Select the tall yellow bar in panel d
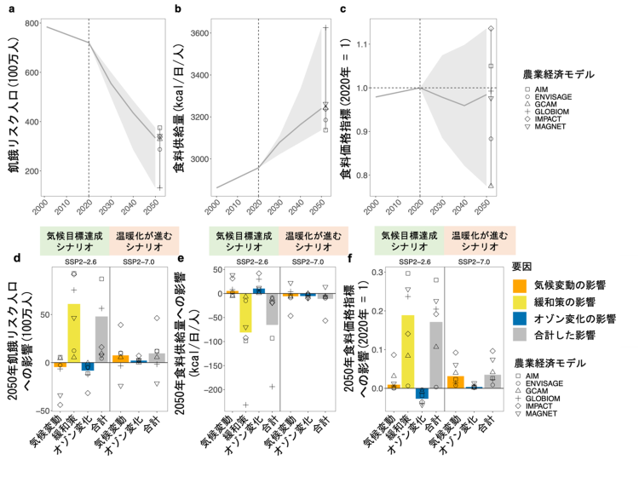click(x=74, y=333)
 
